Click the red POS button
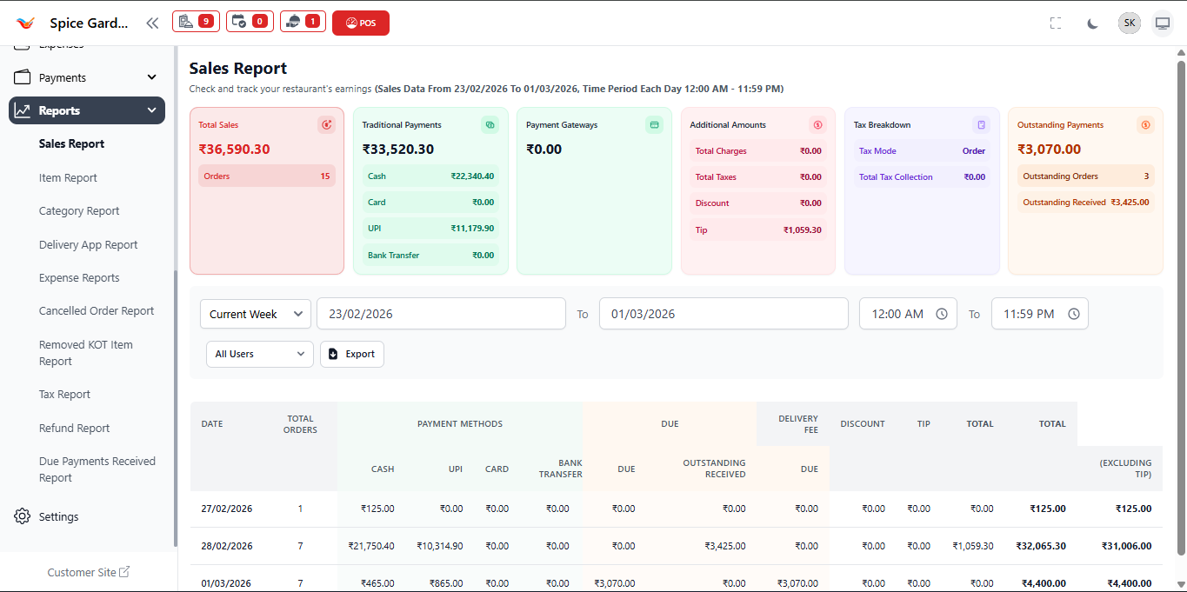coord(360,23)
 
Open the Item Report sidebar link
coord(68,177)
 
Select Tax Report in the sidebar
coord(64,394)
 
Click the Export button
coord(351,354)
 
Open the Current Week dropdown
coord(255,314)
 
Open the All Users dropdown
coord(259,354)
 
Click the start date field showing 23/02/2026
coord(441,314)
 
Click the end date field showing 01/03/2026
coord(723,314)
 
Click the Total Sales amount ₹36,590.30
coord(234,150)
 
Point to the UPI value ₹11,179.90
coord(472,228)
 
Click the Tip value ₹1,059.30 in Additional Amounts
coord(802,230)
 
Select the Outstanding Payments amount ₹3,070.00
coord(1049,150)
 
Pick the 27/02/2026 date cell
coord(226,509)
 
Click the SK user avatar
coord(1129,23)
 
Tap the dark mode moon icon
coord(1092,23)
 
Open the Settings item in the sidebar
coord(58,516)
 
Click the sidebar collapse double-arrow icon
coord(152,23)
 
